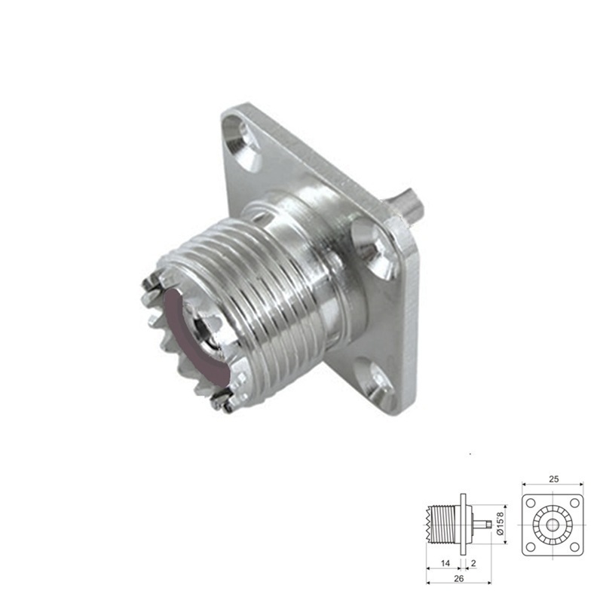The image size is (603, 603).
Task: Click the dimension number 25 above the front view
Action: [553, 479]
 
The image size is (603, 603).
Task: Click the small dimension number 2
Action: [473, 563]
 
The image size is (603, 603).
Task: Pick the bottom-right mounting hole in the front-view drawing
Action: [574, 545]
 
